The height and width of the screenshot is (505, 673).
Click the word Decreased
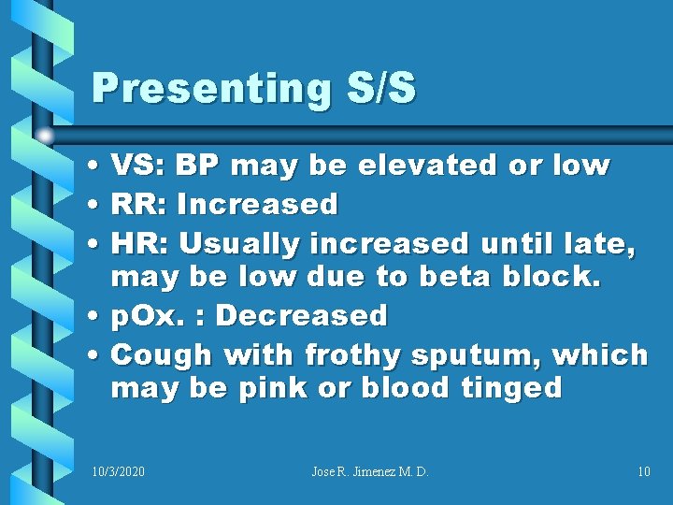[301, 316]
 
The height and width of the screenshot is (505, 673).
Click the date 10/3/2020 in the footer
[119, 471]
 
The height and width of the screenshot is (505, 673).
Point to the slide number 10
[643, 471]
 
